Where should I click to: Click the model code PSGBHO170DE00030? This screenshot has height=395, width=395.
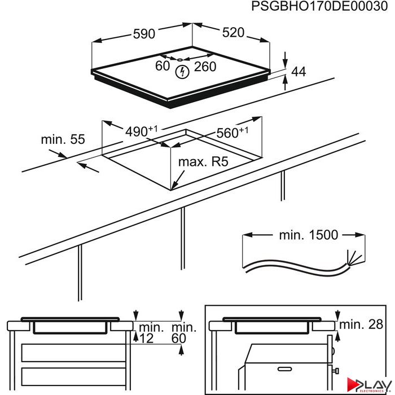point(319,6)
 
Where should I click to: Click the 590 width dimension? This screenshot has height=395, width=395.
point(144,34)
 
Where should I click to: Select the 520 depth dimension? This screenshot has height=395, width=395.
point(233,33)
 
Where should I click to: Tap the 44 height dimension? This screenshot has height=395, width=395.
point(299,72)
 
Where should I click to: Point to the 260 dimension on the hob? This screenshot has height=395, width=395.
point(205,67)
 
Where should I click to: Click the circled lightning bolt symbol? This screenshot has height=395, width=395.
point(182,72)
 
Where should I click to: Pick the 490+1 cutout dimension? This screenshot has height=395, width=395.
point(141,131)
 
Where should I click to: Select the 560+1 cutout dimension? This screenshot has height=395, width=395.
point(232,132)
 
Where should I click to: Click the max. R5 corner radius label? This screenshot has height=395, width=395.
point(203,162)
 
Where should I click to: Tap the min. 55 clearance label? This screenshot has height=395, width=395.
point(63,139)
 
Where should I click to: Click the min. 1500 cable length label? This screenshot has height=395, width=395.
point(309,235)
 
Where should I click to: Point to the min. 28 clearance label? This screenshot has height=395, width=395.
point(361,324)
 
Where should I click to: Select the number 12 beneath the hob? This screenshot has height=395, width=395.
point(146,339)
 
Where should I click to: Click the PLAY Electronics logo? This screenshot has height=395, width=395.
point(368,385)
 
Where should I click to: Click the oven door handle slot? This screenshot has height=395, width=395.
point(284,369)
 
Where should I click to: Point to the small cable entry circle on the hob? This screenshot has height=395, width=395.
point(179,60)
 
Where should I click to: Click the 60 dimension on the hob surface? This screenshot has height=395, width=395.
point(163,66)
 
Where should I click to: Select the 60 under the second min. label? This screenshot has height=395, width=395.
point(179,339)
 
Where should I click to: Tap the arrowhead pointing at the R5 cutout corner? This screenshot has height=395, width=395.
point(174,186)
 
